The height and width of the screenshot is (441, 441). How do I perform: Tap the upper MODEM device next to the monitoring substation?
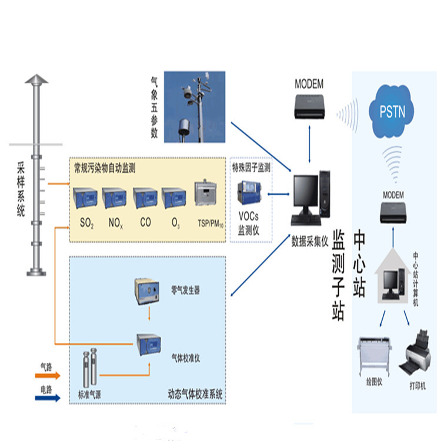click(309, 104)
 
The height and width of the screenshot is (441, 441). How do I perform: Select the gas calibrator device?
click(148, 341)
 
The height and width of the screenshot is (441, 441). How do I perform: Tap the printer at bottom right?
click(419, 355)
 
